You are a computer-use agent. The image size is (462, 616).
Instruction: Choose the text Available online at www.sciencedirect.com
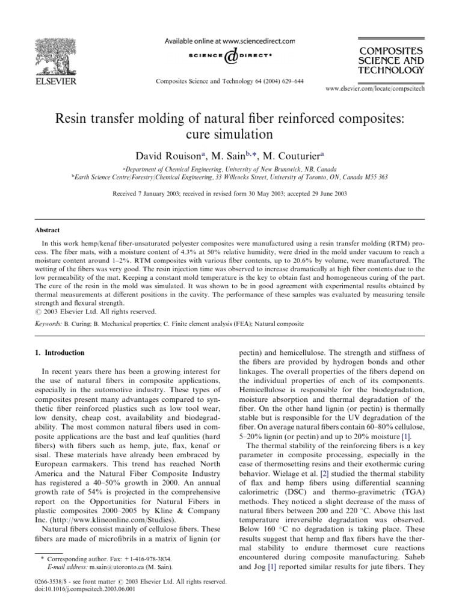[231, 42]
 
